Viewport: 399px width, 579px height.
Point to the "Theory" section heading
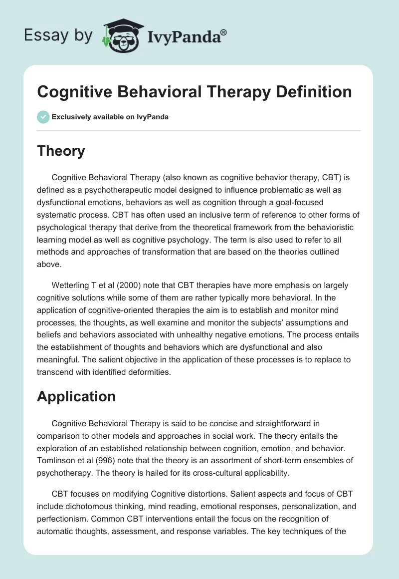(61, 151)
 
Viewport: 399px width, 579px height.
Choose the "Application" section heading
(76, 396)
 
